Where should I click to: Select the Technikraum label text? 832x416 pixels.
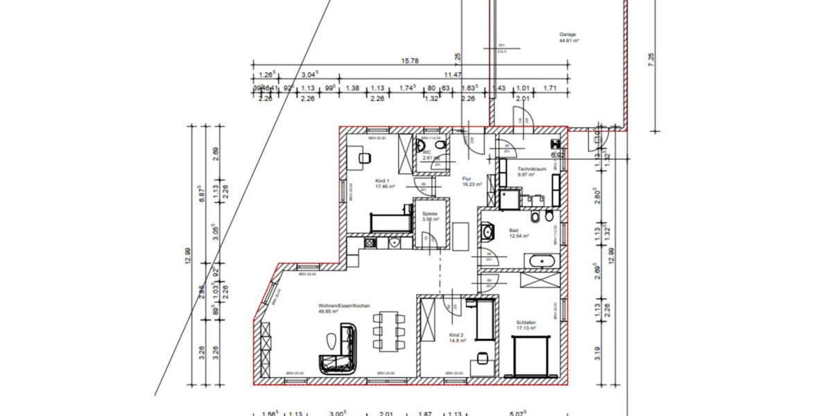pos(532,168)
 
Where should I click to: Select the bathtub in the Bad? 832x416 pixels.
pos(539,261)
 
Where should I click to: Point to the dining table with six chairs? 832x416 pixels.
pos(386,331)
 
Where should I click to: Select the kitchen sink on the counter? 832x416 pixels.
pos(394,243)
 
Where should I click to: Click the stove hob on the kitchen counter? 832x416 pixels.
pos(370,243)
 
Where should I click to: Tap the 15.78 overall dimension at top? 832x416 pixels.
pos(410,61)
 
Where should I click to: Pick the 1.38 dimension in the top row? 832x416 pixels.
pos(352,88)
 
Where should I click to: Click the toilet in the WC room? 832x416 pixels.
pos(422,146)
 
